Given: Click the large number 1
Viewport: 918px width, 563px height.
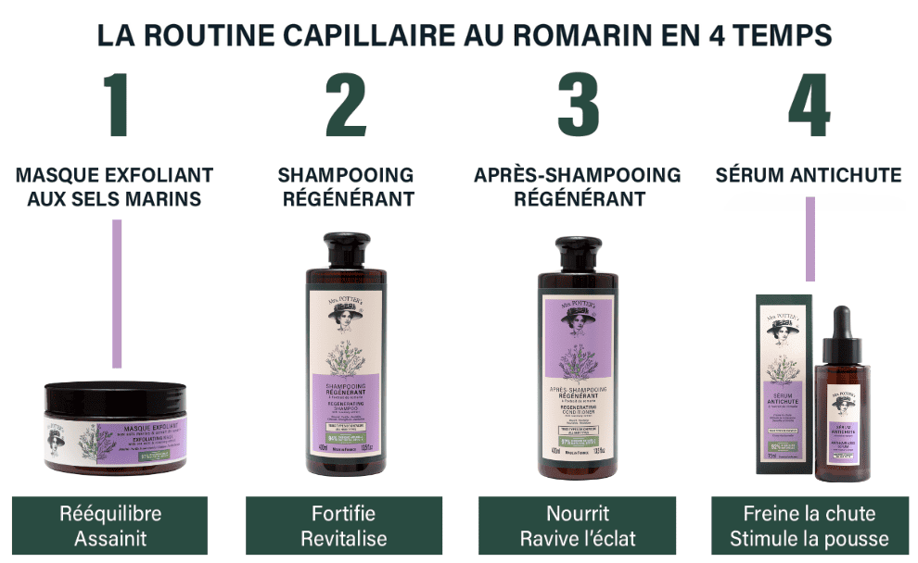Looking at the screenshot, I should coord(115,106).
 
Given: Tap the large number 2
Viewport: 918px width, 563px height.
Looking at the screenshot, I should coord(346,106).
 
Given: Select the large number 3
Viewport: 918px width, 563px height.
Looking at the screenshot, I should coord(578,106).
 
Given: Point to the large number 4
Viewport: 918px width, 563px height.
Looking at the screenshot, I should coord(809,106).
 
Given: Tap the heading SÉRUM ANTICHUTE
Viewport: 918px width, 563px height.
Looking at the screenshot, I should coord(809,175).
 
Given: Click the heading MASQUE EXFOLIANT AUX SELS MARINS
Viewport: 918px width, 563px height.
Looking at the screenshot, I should coord(115,186).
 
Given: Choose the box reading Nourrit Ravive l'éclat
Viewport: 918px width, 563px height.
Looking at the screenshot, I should coord(578,526).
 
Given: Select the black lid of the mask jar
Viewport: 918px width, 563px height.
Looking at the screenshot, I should coord(115,395).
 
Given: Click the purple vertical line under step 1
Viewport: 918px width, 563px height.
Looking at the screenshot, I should coord(117,294).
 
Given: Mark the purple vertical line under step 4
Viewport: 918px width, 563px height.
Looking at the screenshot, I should coord(810,238).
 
